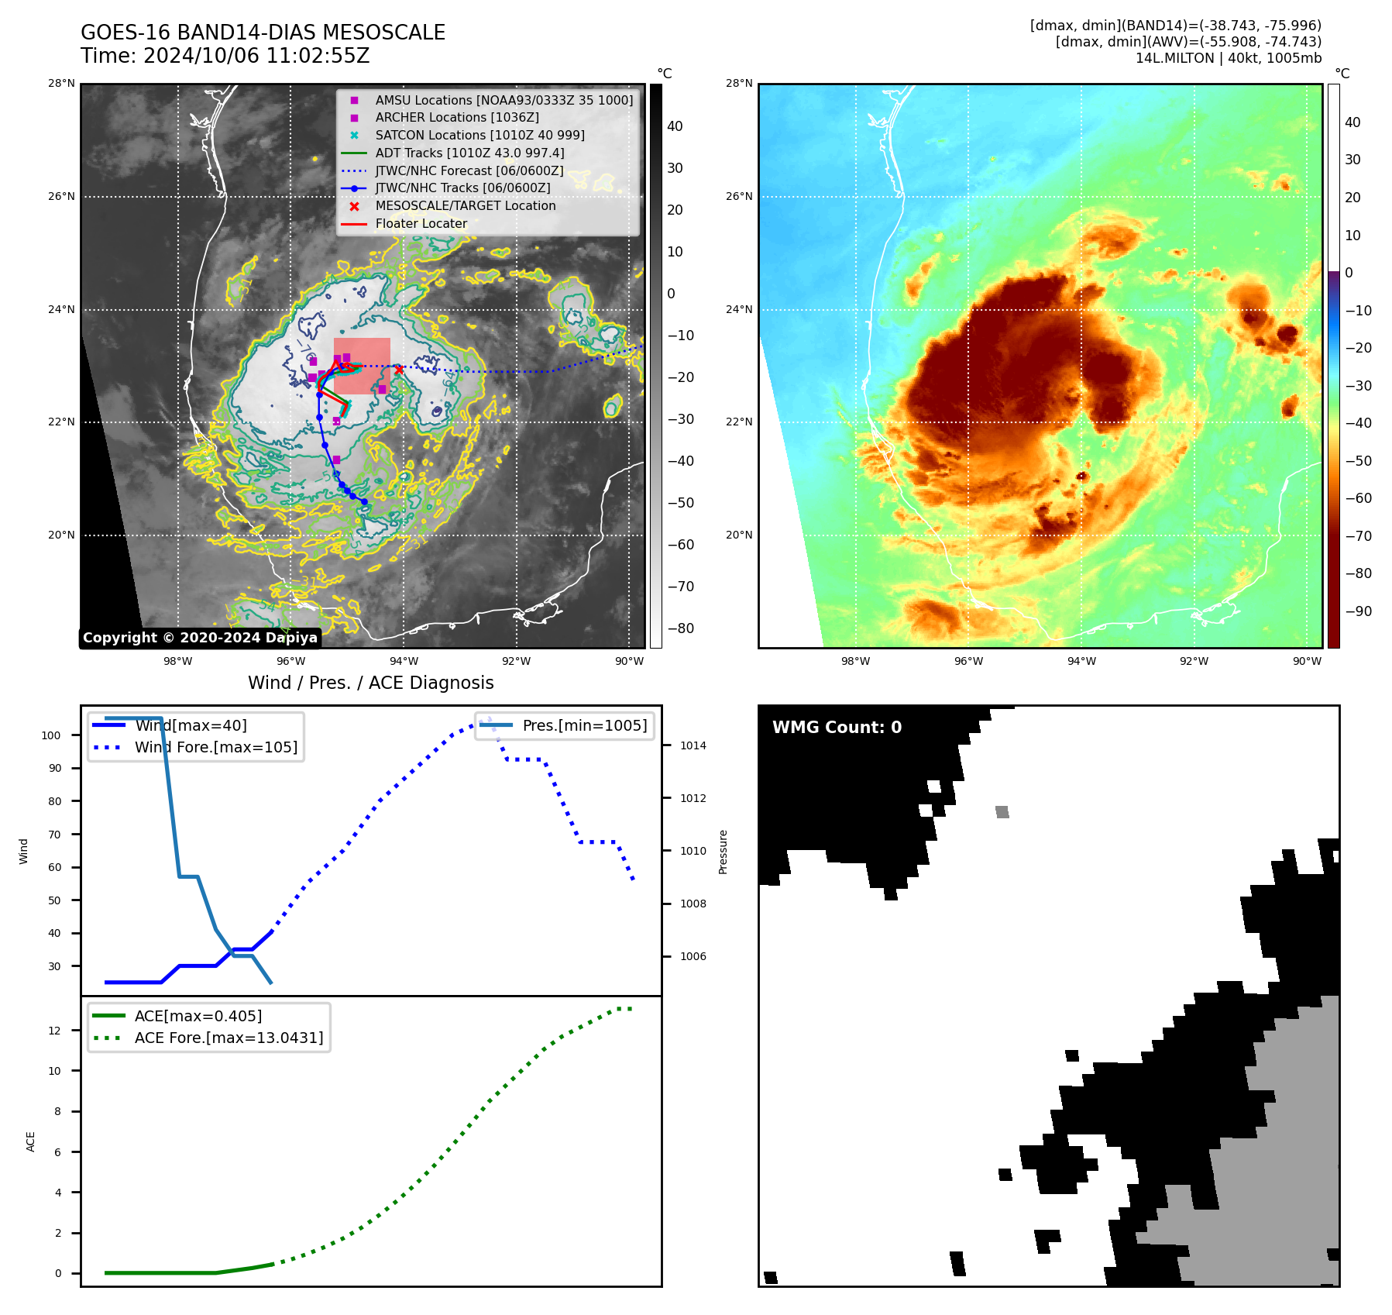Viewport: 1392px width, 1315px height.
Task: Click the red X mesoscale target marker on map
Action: tap(399, 370)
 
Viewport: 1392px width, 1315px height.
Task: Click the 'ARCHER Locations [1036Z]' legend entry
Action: tap(456, 118)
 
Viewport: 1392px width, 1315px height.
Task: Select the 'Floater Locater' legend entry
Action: tap(421, 224)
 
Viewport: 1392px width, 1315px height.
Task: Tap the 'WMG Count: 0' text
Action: tap(837, 728)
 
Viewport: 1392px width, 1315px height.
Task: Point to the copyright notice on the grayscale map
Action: tap(200, 638)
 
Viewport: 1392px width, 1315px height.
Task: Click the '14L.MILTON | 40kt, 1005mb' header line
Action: tap(1228, 58)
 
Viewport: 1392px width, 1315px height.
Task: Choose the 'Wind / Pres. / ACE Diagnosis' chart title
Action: tap(370, 683)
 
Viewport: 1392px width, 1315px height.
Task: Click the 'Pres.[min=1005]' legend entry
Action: tap(584, 726)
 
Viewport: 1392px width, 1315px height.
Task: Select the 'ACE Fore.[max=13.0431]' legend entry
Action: tap(229, 1038)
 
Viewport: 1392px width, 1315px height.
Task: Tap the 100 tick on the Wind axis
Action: tap(51, 735)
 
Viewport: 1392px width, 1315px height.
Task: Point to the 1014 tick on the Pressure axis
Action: tap(693, 746)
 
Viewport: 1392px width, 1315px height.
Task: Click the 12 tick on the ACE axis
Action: tap(55, 1031)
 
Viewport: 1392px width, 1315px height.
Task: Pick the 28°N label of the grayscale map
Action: tap(62, 84)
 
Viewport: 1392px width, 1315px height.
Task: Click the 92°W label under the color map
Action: tap(1194, 661)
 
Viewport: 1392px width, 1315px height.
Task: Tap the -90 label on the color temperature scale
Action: tap(1358, 611)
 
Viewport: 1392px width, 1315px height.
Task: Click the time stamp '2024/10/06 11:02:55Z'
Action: tap(256, 57)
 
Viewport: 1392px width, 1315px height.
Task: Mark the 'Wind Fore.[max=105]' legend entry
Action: tap(215, 748)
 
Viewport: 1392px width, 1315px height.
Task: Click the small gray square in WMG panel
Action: tap(1002, 812)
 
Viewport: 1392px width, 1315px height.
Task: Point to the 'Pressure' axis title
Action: tap(723, 852)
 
